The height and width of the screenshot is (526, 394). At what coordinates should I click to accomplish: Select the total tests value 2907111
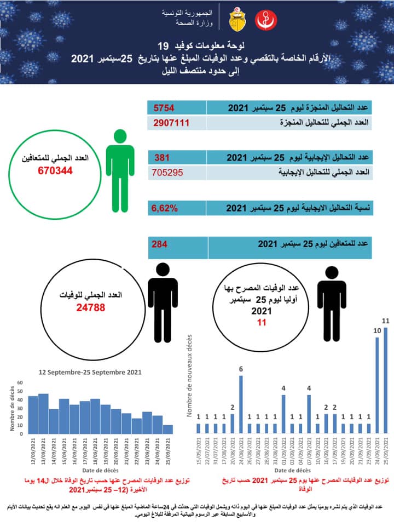pos(172,122)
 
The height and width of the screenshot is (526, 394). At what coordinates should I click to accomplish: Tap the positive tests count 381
pos(163,158)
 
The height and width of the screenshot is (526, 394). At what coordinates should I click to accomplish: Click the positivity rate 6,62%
pos(166,208)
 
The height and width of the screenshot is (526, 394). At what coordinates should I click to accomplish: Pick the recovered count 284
pos(160,244)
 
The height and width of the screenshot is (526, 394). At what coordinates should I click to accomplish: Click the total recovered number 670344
pos(56,170)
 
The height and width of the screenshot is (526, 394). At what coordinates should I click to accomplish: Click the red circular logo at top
pos(266,20)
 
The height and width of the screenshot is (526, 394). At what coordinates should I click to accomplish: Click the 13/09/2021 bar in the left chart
pos(43,413)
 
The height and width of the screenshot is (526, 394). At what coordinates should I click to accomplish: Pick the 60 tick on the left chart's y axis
pos(20,382)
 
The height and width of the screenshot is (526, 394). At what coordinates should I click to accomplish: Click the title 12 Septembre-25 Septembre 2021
pos(90,371)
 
